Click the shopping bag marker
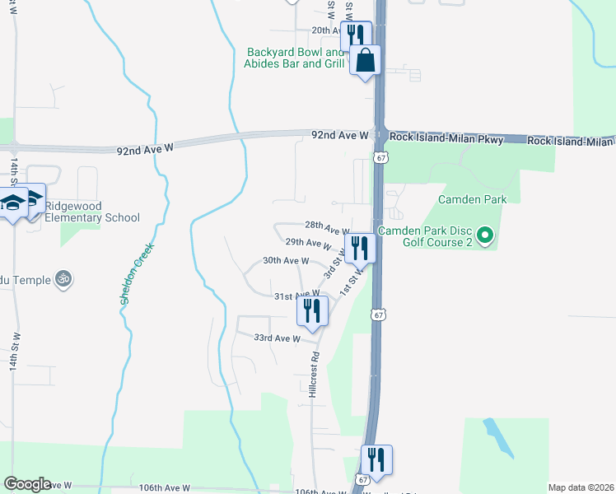tap(365, 60)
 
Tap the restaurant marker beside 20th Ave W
tap(355, 35)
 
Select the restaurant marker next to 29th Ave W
tap(360, 247)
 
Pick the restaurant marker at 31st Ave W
tap(312, 310)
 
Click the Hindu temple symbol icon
tap(64, 280)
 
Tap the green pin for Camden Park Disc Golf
tap(485, 239)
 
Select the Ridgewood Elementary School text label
tap(92, 212)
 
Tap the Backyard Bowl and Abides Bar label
tap(294, 58)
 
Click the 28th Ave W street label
tap(327, 227)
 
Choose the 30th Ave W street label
tap(285, 260)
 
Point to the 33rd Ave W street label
tap(276, 338)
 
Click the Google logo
tap(27, 484)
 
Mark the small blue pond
tap(499, 439)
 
